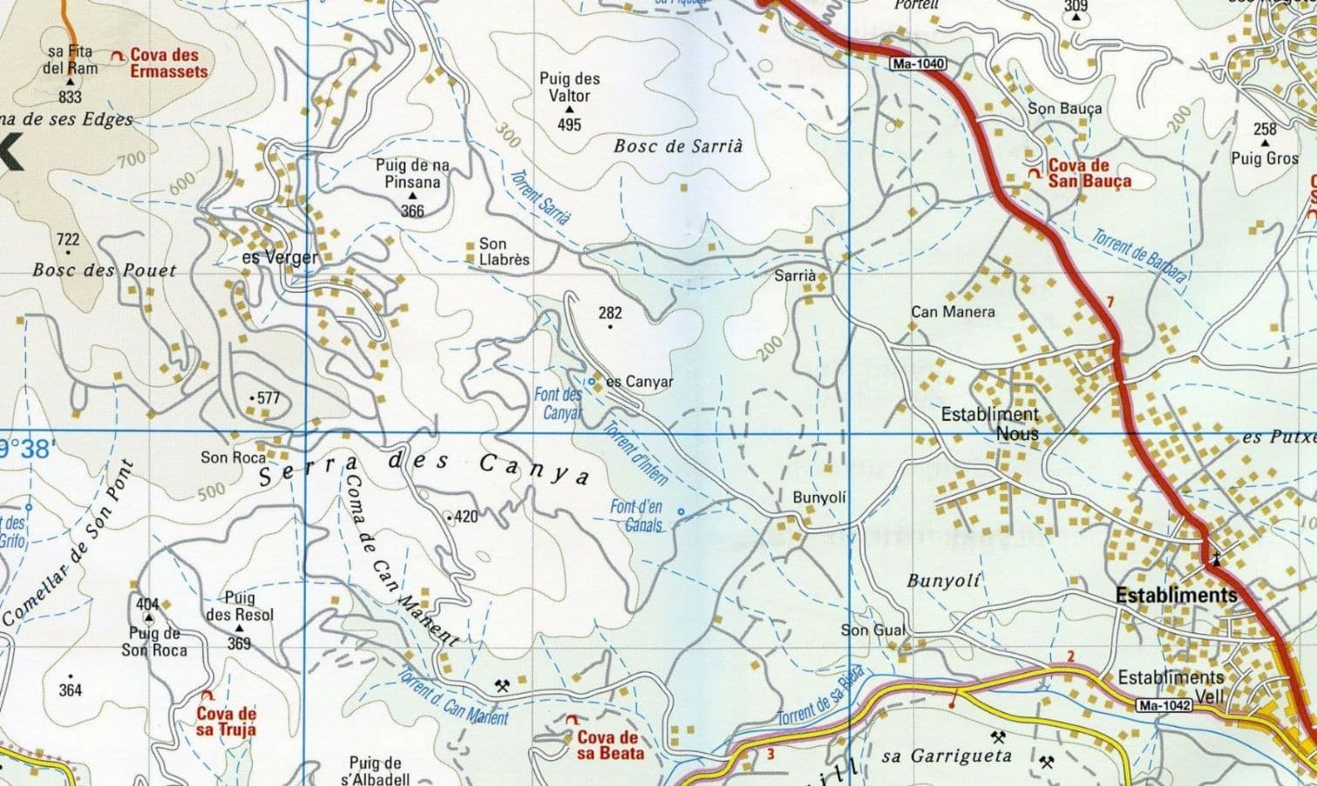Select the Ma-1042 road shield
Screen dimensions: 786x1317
click(x=1163, y=706)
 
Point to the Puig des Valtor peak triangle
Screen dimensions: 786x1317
click(x=569, y=111)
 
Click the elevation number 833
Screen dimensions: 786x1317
click(x=70, y=98)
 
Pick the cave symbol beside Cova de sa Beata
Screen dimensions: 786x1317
click(x=572, y=721)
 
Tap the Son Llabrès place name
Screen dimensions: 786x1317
click(x=504, y=252)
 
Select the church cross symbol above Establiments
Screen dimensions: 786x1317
click(x=1215, y=557)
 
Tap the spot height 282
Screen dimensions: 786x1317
click(x=610, y=313)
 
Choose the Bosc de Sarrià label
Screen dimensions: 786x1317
click(x=678, y=146)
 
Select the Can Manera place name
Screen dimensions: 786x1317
click(x=953, y=311)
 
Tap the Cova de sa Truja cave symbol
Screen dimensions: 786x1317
click(x=207, y=695)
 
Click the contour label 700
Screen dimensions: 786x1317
click(x=131, y=159)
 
